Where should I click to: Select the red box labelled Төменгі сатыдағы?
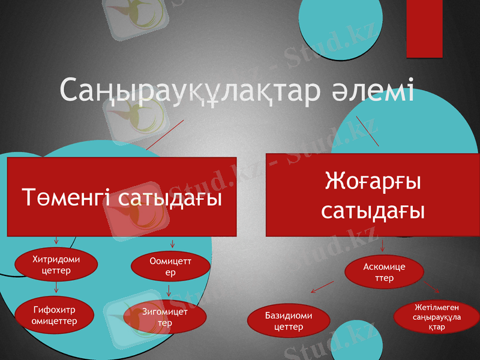(x=121, y=197)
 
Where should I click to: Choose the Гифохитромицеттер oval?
(x=54, y=316)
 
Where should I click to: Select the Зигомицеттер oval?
(x=165, y=317)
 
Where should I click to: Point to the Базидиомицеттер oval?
(x=289, y=321)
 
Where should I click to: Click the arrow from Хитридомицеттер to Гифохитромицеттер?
(x=56, y=287)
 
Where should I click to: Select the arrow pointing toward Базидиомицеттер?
(x=322, y=287)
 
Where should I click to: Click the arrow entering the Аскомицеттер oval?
(x=383, y=245)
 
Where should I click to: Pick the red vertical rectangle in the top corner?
(x=424, y=28)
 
